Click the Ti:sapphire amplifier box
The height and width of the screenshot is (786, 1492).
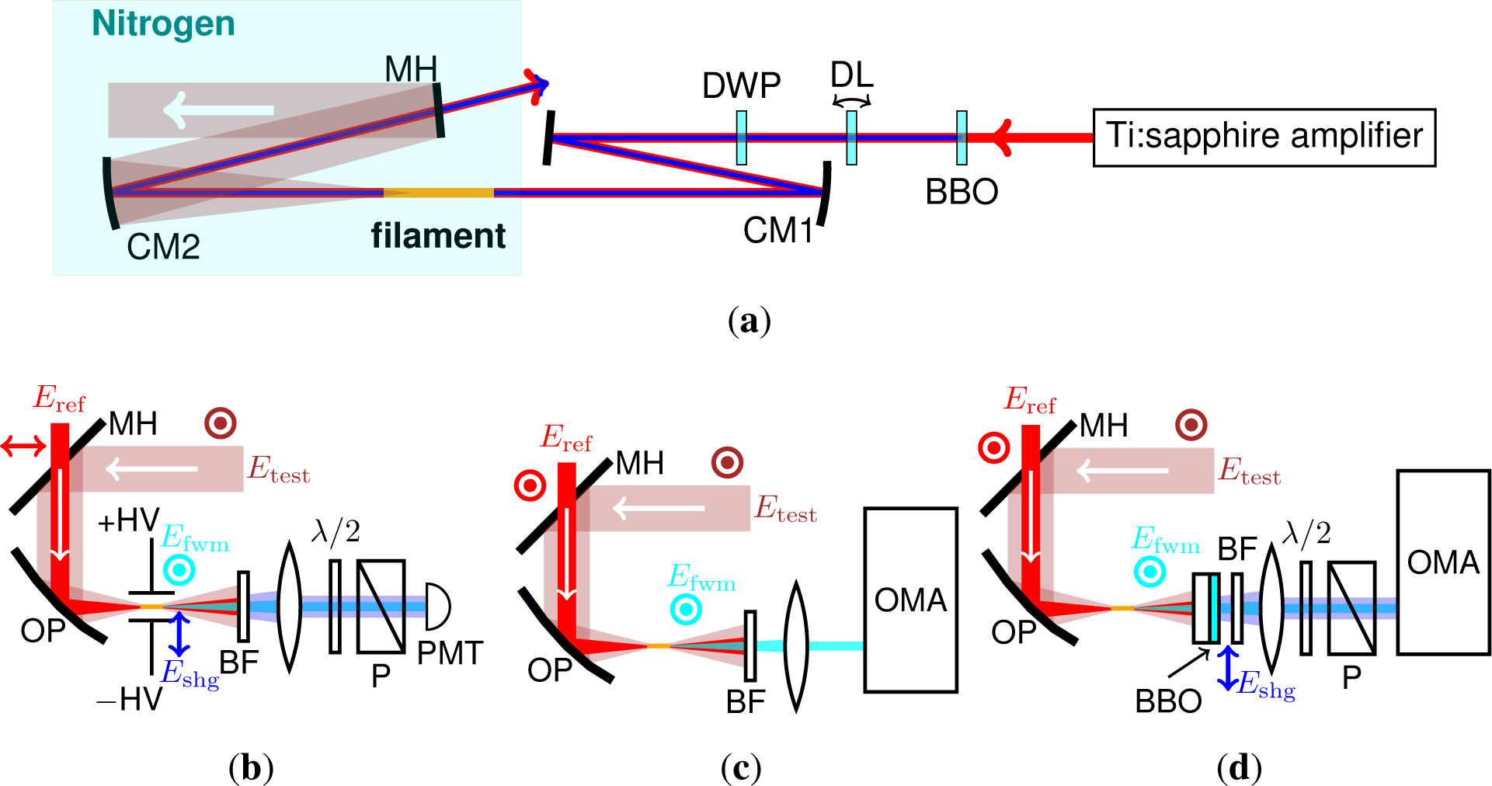click(x=1264, y=137)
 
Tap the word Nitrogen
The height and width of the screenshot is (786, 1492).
click(x=163, y=23)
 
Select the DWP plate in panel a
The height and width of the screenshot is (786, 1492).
click(x=742, y=137)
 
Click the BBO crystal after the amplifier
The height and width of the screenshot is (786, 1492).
click(x=962, y=137)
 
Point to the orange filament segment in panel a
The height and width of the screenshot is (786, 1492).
click(x=438, y=193)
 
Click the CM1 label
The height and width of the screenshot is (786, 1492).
click(x=777, y=231)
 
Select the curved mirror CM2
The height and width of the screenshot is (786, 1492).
click(x=110, y=193)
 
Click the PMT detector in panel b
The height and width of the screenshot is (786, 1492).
click(x=437, y=607)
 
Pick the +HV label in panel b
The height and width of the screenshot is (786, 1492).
click(x=128, y=520)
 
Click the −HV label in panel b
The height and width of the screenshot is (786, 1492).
click(x=128, y=700)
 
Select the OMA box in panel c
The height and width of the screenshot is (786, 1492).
click(x=910, y=600)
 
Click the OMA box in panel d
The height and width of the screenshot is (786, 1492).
click(x=1443, y=562)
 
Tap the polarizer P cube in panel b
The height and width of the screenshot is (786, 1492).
click(x=381, y=607)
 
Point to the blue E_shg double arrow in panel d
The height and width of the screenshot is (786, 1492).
click(x=1227, y=669)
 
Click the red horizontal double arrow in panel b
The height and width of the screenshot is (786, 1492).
click(x=23, y=446)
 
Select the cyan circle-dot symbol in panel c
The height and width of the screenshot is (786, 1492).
click(x=686, y=610)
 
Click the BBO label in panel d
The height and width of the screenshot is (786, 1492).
click(x=1167, y=701)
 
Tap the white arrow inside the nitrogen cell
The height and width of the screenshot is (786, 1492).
click(x=218, y=110)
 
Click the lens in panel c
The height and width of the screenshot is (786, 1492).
click(x=796, y=646)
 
